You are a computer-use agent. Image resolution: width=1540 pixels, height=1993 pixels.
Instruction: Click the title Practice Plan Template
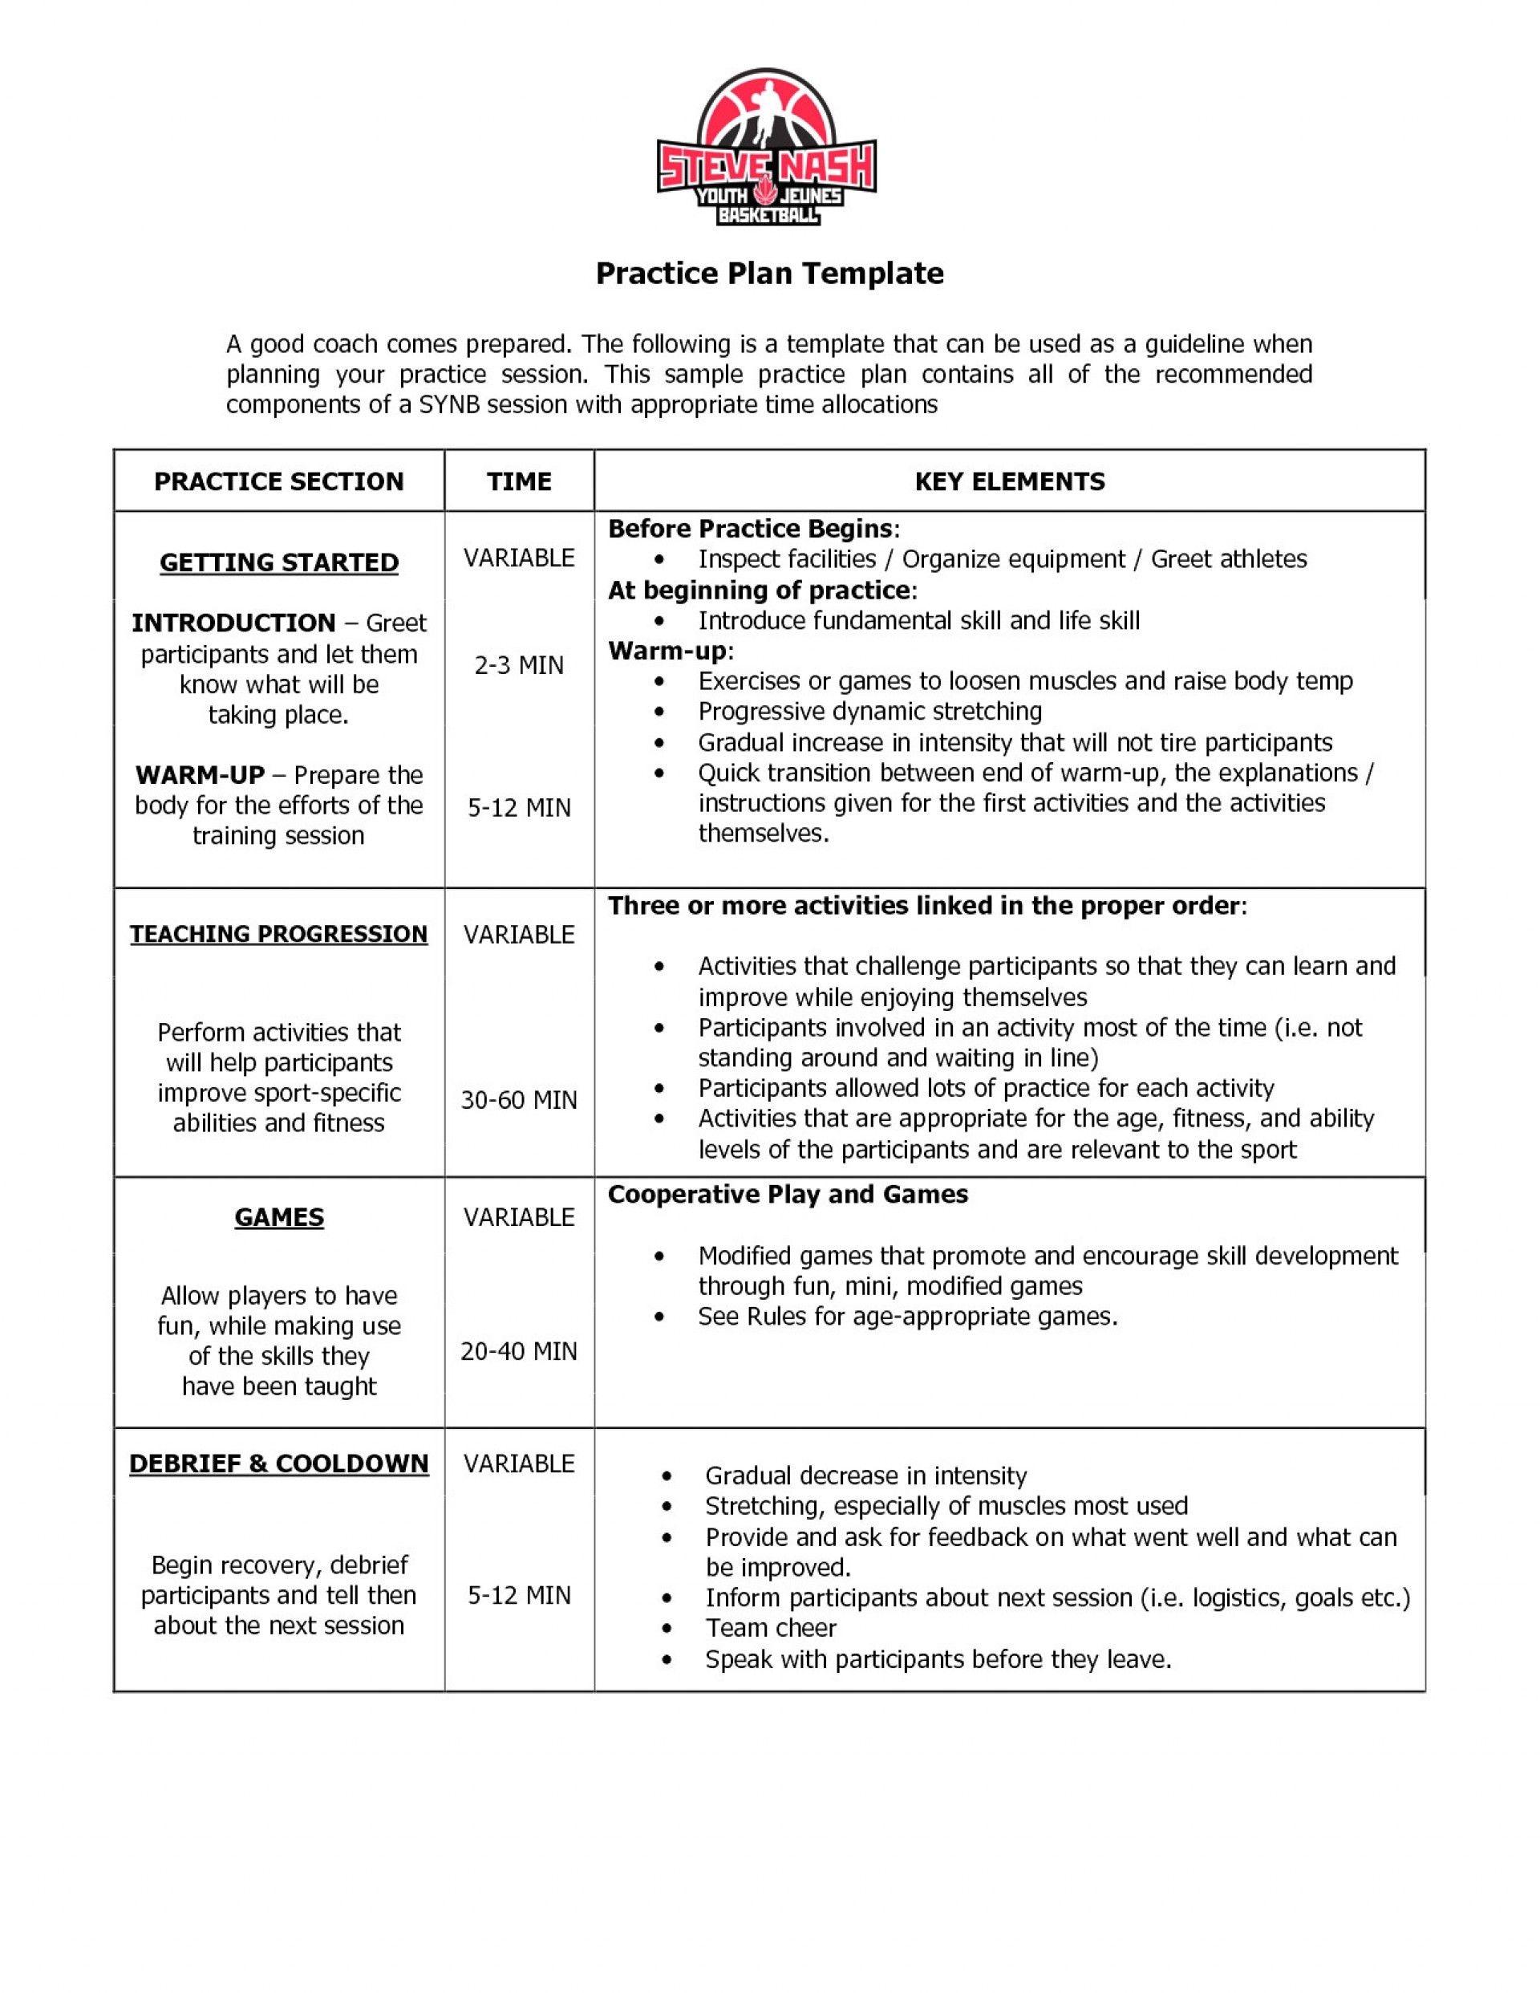tap(769, 274)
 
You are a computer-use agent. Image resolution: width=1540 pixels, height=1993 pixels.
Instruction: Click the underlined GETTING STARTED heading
tap(279, 562)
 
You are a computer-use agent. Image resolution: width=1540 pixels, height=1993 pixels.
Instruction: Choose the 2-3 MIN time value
tap(519, 665)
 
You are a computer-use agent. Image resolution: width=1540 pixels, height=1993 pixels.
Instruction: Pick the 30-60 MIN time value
tap(519, 1100)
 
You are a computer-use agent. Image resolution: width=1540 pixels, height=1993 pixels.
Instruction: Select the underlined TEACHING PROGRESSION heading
tap(278, 934)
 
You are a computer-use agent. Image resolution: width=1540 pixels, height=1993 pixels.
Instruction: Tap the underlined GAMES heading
tap(279, 1217)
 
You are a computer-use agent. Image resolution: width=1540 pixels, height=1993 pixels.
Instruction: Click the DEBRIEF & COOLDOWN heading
tap(278, 1463)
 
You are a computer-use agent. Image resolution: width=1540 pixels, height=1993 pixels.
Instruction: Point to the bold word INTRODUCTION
tap(233, 623)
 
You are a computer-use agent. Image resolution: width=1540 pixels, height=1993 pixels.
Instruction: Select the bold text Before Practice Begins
tap(751, 529)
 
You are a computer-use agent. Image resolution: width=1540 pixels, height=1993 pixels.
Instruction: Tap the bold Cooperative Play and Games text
tap(788, 1195)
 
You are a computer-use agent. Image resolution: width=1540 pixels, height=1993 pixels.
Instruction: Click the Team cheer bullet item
tap(771, 1628)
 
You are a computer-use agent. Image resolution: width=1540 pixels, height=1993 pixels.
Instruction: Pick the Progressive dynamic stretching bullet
tap(869, 711)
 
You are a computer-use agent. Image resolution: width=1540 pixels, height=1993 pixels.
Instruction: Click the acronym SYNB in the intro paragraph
tap(450, 404)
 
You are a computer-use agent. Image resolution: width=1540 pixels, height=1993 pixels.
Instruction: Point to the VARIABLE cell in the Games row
tap(519, 1217)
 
